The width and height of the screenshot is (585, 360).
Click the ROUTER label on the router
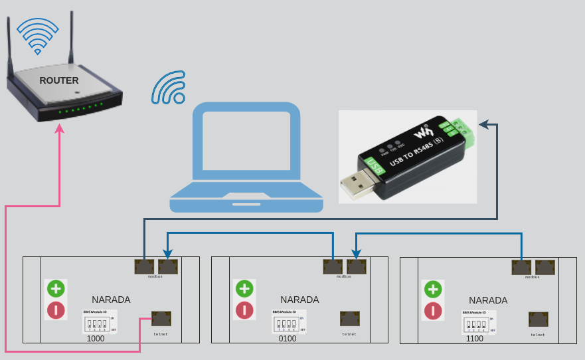[x=59, y=80]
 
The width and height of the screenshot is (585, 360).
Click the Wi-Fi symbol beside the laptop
[x=169, y=88]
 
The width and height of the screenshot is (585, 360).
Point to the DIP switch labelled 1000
[x=97, y=325]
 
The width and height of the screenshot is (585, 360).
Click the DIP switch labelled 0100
[x=286, y=325]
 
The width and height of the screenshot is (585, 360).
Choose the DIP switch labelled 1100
[x=476, y=325]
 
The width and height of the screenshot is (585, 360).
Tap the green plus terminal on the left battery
[x=55, y=288]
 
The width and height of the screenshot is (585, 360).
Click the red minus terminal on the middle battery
[x=245, y=310]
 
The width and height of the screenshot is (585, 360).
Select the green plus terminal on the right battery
[x=434, y=289]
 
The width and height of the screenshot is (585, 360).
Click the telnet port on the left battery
[x=161, y=319]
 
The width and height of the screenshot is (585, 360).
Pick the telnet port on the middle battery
[x=350, y=319]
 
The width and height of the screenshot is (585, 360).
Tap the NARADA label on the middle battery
[x=299, y=300]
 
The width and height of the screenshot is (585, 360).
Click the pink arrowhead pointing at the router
[x=60, y=128]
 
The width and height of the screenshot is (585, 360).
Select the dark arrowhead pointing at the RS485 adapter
[x=484, y=124]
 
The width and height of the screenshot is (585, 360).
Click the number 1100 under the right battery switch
[x=475, y=339]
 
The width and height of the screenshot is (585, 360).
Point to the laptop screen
[x=246, y=145]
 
